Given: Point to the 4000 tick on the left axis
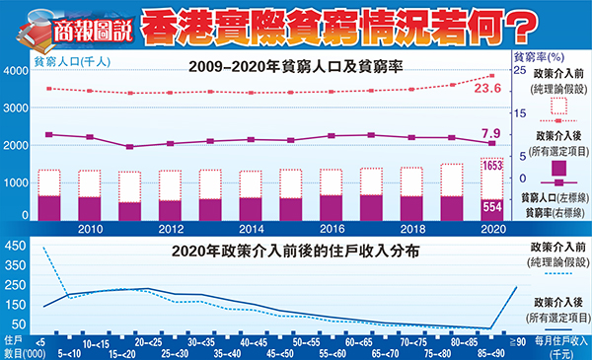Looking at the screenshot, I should [17, 72].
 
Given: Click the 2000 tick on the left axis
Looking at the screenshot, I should [17, 146].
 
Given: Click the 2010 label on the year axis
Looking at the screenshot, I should [90, 227].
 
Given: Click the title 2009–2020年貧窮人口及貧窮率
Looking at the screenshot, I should [289, 69].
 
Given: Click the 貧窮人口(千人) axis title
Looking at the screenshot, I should [71, 57].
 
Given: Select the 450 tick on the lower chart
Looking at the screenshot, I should [17, 243].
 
